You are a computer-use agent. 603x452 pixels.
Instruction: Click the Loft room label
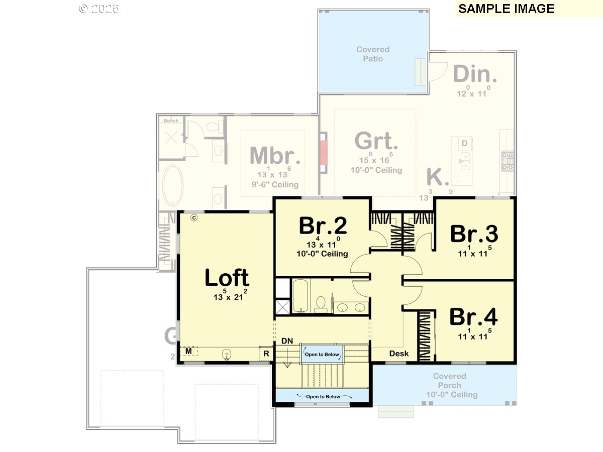click(x=227, y=278)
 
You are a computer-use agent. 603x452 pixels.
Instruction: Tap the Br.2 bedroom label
click(x=323, y=226)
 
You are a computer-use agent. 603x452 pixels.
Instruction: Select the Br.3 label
click(x=474, y=234)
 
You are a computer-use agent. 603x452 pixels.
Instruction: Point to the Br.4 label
click(x=473, y=317)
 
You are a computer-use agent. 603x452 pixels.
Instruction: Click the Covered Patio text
click(x=373, y=54)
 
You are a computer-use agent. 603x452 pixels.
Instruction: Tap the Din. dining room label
click(x=475, y=74)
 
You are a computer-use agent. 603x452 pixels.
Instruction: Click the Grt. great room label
click(x=376, y=141)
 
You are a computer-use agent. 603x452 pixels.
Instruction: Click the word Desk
click(x=399, y=354)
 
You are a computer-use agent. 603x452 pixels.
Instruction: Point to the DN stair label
click(x=287, y=341)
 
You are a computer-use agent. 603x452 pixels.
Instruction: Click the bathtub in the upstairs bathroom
click(x=300, y=296)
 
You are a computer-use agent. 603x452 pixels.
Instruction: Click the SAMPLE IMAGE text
click(x=506, y=9)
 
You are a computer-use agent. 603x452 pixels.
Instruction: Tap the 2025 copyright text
click(x=99, y=9)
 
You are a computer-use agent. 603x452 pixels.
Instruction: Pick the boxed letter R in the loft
click(x=266, y=354)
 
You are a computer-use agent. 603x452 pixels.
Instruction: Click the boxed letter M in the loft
click(x=188, y=350)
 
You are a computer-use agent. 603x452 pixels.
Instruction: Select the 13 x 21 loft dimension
click(x=230, y=296)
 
